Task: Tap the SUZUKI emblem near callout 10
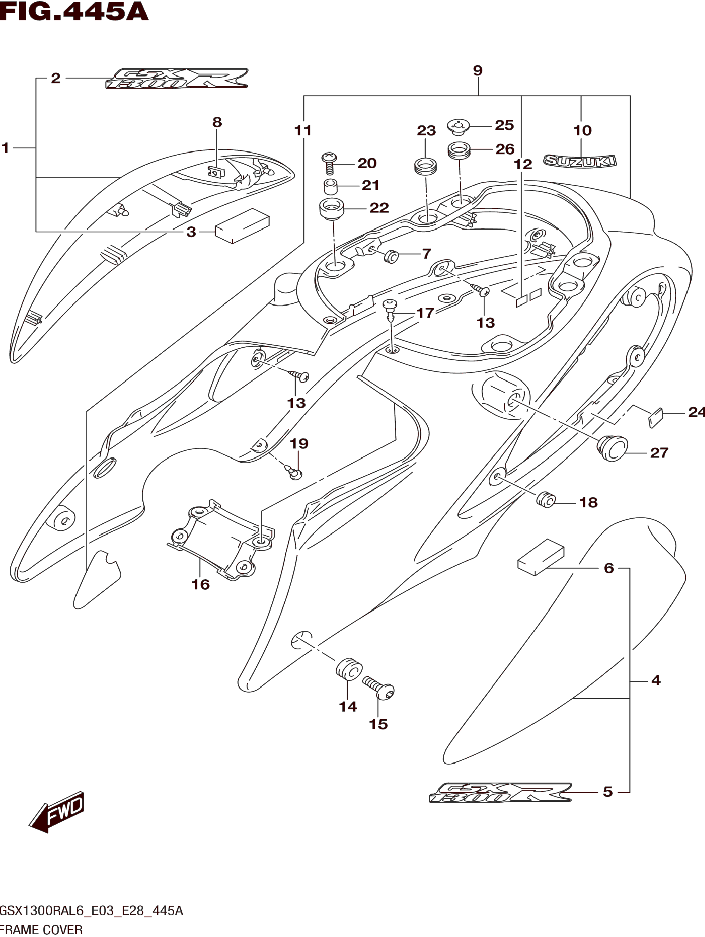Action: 580,161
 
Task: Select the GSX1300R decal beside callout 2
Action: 177,78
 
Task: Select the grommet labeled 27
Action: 612,449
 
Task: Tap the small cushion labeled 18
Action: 546,500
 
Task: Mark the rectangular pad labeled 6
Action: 541,557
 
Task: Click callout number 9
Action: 477,70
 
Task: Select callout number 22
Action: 379,208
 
